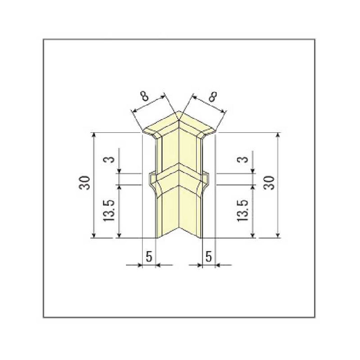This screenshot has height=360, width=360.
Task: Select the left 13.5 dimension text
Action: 110,211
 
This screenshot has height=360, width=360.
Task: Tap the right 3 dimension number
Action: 244,159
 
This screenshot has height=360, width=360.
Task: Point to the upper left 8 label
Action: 144,97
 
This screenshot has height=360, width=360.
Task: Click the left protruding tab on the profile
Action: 152,178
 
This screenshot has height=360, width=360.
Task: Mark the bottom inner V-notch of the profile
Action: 180,227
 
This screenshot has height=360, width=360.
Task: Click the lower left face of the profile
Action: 168,210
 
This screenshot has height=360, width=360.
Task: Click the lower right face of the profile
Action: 191,210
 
